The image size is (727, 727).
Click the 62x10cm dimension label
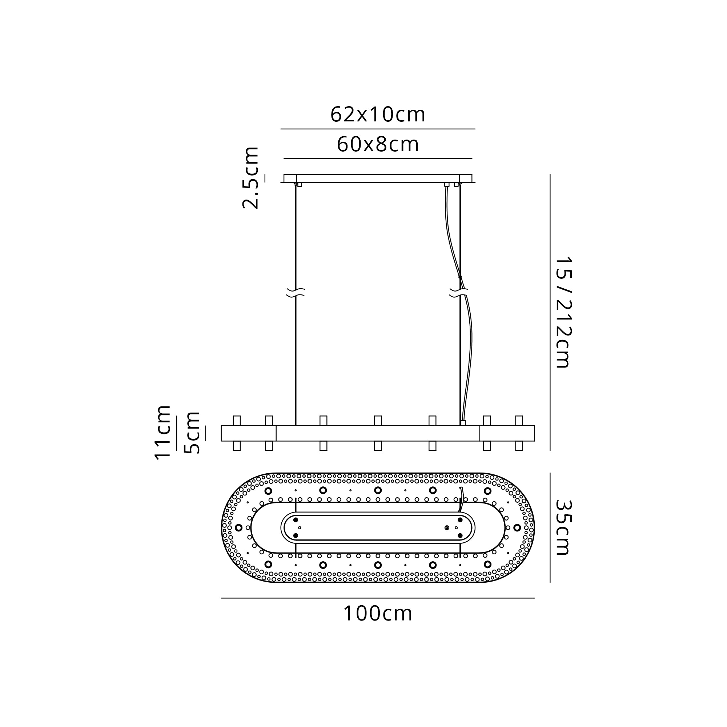pos(378,115)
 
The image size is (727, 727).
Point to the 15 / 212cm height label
pos(563,312)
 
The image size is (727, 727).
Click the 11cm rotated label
pos(163,432)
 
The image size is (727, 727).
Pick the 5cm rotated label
pos(192,432)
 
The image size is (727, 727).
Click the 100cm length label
pos(378,614)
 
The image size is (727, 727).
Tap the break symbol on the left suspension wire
pos(296,292)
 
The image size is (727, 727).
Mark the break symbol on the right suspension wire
pos(459,292)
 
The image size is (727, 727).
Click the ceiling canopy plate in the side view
pos(378,178)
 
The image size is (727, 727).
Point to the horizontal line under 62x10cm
pos(378,129)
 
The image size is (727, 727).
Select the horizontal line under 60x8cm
pos(378,158)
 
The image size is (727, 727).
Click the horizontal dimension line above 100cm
pos(378,598)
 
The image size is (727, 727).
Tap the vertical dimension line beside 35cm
pos(550,527)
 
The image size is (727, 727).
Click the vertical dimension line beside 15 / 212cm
pos(550,312)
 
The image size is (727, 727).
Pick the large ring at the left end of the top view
pos(238,527)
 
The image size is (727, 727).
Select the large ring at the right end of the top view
pos(517,527)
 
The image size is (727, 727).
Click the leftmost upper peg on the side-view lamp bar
pos(237,420)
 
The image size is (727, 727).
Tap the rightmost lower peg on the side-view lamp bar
pos(519,446)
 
